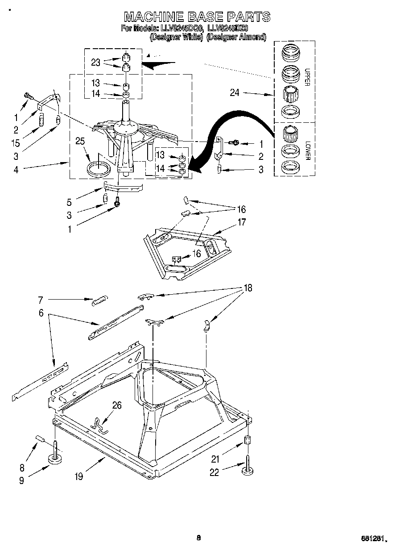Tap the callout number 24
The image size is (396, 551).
pyautogui.click(x=235, y=93)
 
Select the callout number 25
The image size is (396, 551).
pyautogui.click(x=80, y=142)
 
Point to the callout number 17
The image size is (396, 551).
pyautogui.click(x=242, y=222)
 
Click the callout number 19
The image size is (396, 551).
pyautogui.click(x=78, y=477)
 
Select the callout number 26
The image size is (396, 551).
pyautogui.click(x=117, y=405)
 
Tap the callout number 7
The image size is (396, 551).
pyautogui.click(x=40, y=300)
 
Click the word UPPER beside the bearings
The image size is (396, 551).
pyautogui.click(x=307, y=77)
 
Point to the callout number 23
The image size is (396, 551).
pyautogui.click(x=95, y=63)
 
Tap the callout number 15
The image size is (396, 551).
pyautogui.click(x=16, y=143)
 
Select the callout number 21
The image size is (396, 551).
pyautogui.click(x=216, y=458)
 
